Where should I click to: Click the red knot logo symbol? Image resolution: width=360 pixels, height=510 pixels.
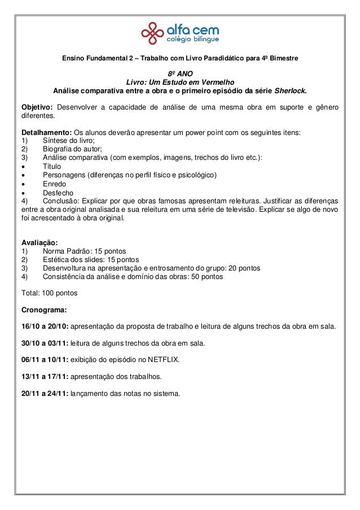tap(152, 33)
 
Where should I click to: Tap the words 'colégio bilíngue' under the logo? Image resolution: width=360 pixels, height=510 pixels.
tap(192, 40)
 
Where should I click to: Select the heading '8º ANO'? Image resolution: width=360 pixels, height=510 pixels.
tap(180, 73)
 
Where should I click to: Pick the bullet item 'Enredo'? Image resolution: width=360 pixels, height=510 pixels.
tap(54, 184)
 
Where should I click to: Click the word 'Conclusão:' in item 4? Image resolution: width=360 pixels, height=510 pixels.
tap(61, 200)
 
